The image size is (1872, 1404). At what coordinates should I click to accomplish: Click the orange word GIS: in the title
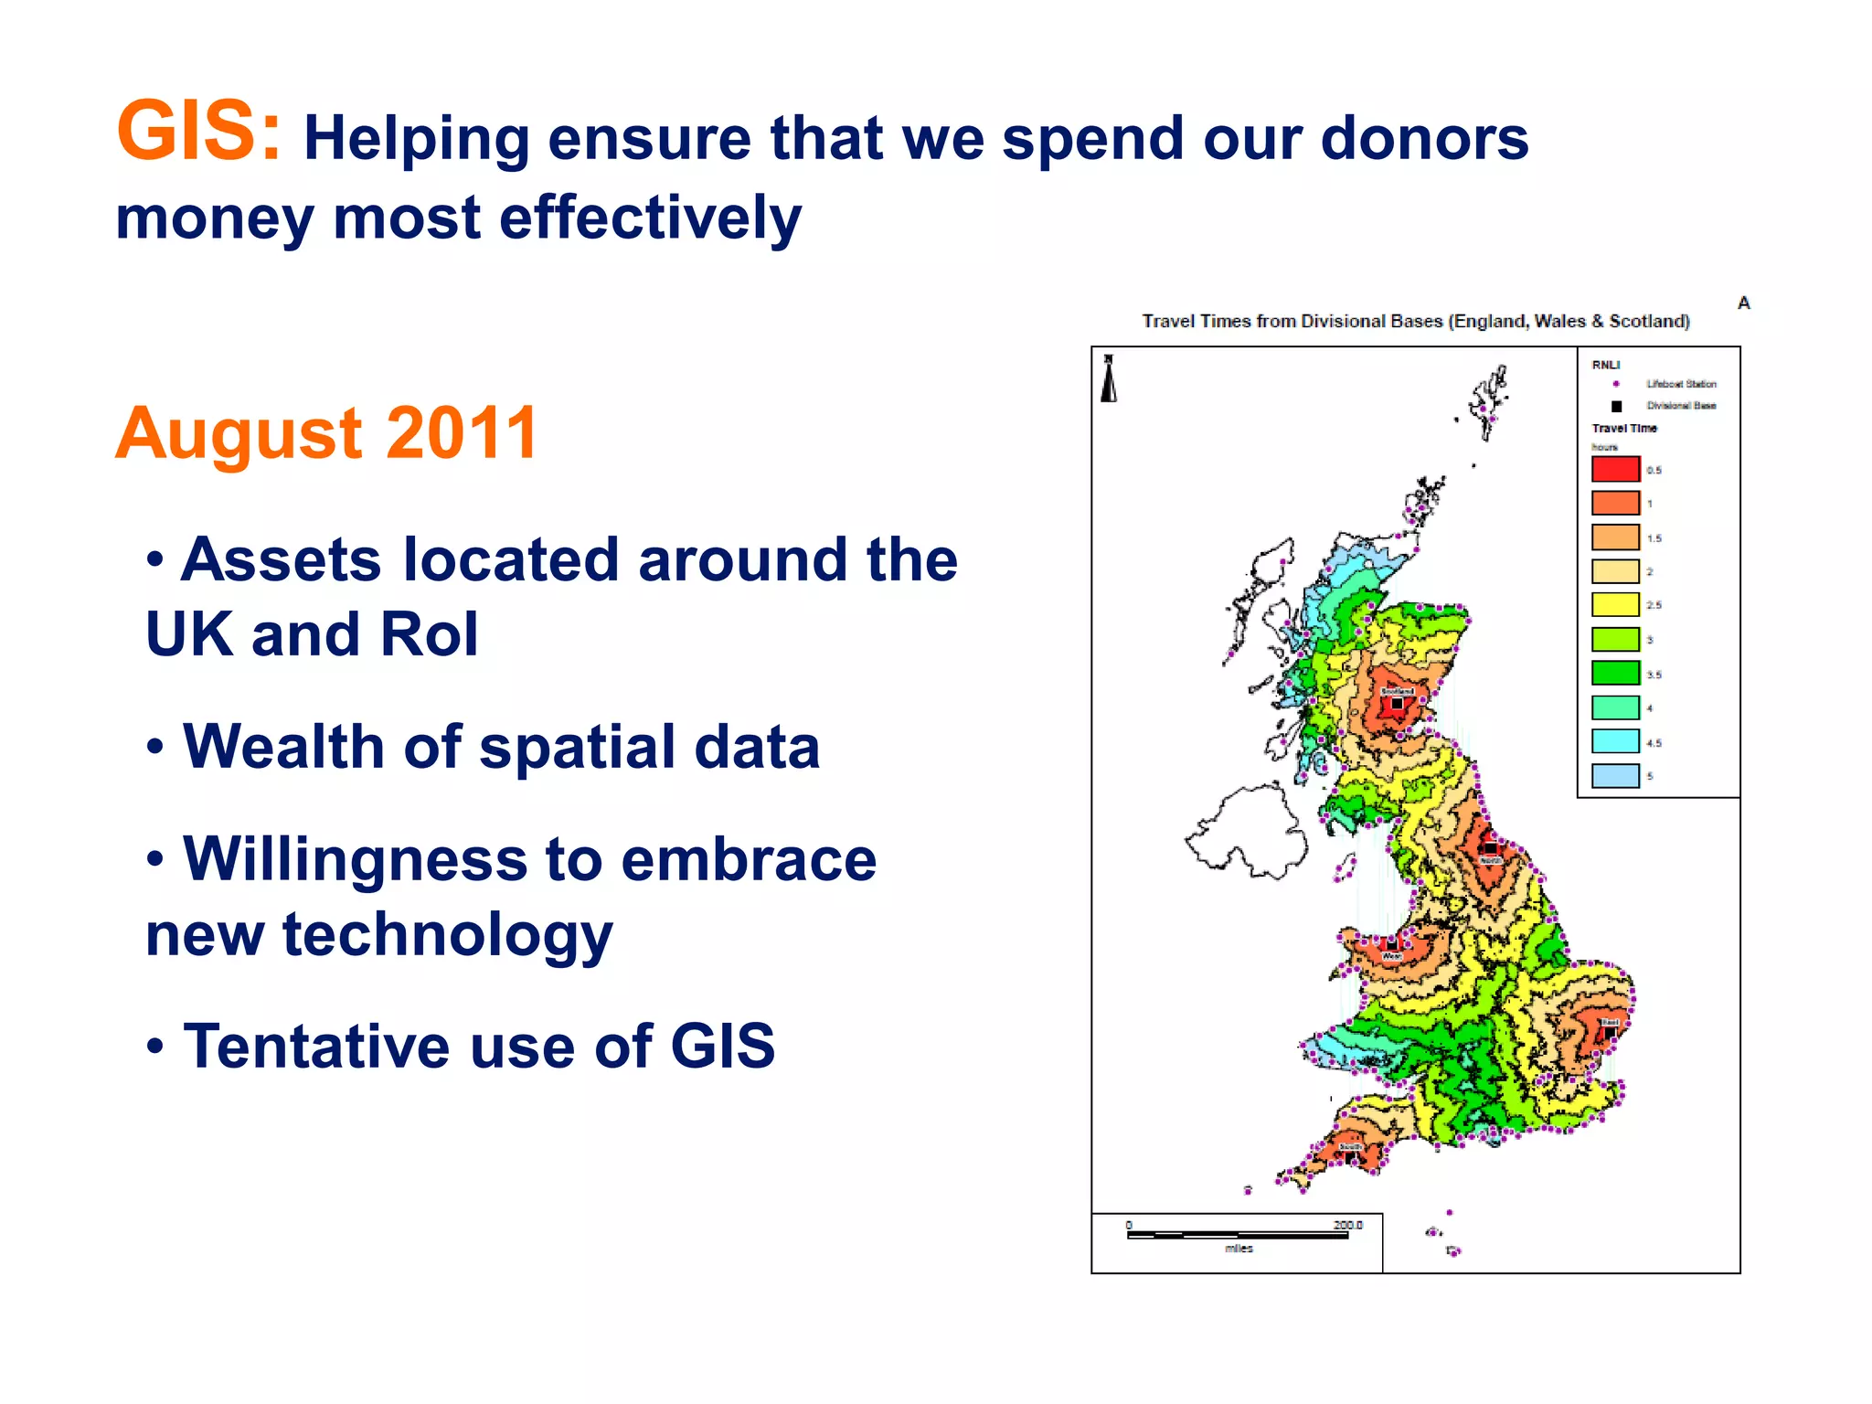point(198,133)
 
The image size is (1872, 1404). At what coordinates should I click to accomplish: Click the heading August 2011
point(326,433)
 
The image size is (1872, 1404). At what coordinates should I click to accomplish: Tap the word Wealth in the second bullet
point(283,747)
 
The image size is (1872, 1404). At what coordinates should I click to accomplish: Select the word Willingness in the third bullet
point(355,859)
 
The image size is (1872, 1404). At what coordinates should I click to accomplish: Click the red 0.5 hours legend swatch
point(1615,469)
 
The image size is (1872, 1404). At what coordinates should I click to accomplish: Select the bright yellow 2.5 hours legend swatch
point(1615,604)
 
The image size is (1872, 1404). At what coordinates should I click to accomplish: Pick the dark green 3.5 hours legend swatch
point(1615,673)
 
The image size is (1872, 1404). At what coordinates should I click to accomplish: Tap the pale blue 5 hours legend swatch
point(1615,775)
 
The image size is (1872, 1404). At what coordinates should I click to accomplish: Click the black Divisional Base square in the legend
point(1616,406)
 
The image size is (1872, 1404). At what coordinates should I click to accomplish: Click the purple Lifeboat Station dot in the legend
point(1616,384)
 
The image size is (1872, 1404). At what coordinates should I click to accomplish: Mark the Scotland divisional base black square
point(1398,704)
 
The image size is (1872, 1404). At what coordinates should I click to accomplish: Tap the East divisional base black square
point(1611,1033)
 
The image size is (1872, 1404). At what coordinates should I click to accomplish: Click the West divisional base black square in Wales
point(1391,945)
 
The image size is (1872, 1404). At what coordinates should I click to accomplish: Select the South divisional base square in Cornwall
point(1350,1157)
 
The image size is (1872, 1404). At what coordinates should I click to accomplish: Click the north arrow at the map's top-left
point(1109,379)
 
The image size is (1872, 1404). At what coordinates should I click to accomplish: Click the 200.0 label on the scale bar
point(1347,1225)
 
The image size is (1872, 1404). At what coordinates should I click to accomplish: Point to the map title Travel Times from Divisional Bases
point(1415,321)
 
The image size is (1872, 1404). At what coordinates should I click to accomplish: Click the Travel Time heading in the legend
point(1623,428)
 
